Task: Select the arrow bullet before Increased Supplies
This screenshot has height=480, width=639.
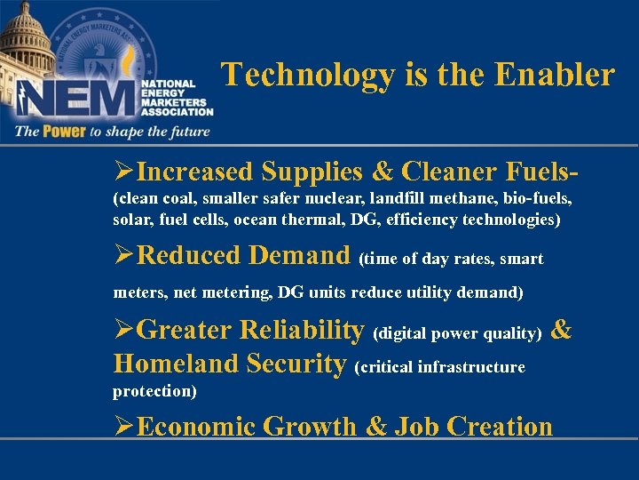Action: pos(124,171)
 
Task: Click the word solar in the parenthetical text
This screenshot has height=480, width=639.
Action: pos(131,219)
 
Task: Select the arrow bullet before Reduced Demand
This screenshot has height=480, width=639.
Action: pos(124,256)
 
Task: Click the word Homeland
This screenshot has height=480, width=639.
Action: pos(177,364)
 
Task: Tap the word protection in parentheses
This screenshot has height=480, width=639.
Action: pos(151,391)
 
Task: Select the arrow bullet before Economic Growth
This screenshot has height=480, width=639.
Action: pos(124,427)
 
